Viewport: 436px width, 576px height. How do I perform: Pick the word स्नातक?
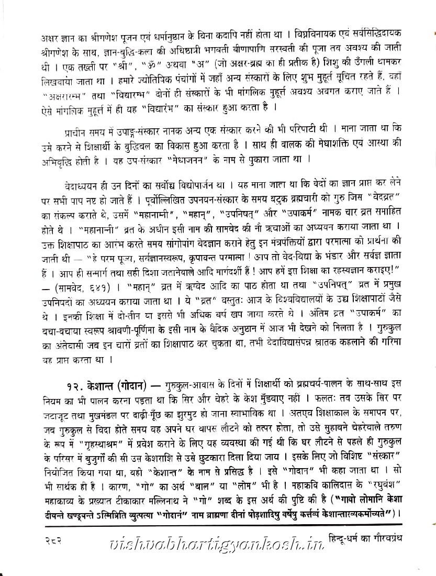[314, 347]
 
